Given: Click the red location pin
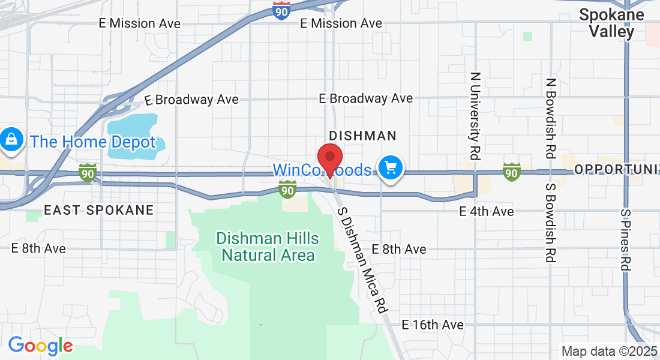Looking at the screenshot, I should tap(329, 158).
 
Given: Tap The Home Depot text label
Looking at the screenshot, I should tap(92, 142).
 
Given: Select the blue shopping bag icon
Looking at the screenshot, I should tap(11, 140).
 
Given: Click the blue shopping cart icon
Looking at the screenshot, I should tap(391, 167).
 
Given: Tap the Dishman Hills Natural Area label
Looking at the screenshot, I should tap(268, 247).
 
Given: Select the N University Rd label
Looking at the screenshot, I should tap(475, 116).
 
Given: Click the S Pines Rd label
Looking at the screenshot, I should tap(626, 239).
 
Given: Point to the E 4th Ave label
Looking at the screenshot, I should tap(486, 211).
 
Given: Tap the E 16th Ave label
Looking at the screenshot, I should tap(433, 325).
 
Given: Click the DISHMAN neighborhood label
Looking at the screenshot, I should tap(363, 136).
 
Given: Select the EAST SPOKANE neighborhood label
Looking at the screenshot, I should tap(98, 210).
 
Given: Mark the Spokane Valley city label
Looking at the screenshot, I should tap(611, 23).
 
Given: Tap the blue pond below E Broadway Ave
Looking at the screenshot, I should tap(131, 136).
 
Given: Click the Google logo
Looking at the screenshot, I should tap(40, 346).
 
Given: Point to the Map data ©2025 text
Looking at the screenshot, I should tap(609, 351).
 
